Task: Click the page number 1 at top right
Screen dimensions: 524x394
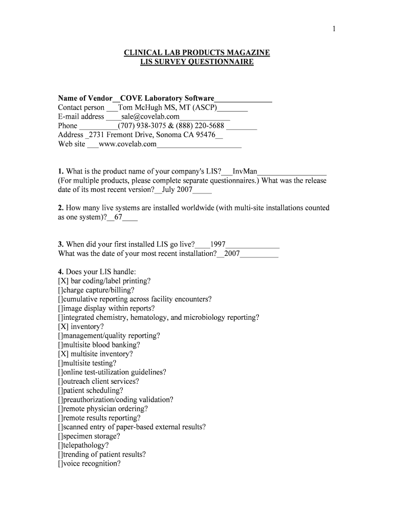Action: [334, 29]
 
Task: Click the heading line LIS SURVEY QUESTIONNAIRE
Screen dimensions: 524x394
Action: [197, 62]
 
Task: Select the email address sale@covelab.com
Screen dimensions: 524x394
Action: [150, 117]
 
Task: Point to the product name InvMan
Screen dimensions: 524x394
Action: [245, 171]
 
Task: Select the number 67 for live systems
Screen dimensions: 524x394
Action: [118, 217]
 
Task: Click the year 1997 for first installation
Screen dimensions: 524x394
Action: [218, 245]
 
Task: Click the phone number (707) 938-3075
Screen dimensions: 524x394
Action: [139, 126]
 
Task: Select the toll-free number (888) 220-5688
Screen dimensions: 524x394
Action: [201, 126]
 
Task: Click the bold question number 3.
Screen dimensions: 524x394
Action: [60, 245]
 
